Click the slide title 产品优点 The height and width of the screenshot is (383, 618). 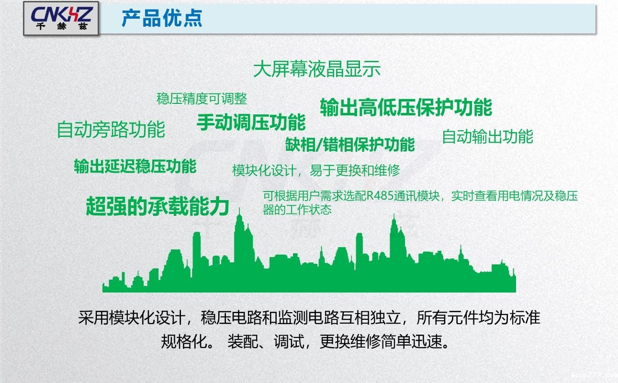(x=162, y=18)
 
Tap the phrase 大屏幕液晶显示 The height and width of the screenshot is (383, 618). (x=317, y=69)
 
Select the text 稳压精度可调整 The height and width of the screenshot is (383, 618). (x=202, y=99)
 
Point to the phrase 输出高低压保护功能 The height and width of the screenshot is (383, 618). (x=406, y=107)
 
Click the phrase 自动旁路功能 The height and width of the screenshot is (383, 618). (x=111, y=130)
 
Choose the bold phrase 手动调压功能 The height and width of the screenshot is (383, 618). (x=251, y=122)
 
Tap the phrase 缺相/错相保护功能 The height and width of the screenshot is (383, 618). (x=350, y=144)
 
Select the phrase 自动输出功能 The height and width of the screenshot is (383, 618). (x=487, y=136)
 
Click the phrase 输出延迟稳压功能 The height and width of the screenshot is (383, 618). (x=135, y=166)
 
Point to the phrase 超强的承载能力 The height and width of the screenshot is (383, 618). (x=157, y=206)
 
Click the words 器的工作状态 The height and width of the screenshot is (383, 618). (x=297, y=210)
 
